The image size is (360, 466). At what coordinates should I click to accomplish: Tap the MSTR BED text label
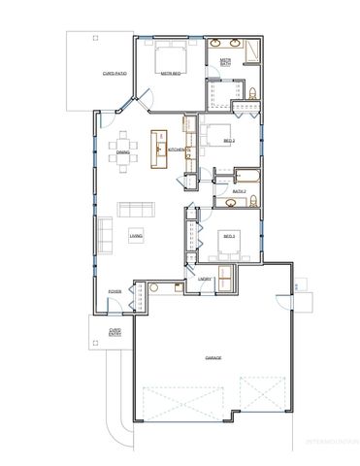tap(172, 73)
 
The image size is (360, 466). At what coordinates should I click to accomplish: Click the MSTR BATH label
tap(225, 61)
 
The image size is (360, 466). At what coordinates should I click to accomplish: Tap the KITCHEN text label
tap(177, 150)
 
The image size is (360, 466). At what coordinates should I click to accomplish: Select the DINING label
tap(123, 152)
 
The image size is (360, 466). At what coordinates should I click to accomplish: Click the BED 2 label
tap(229, 142)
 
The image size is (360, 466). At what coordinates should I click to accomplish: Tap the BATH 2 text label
tap(238, 191)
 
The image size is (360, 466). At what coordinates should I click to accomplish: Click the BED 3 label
tap(230, 235)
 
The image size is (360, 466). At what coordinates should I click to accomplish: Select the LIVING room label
tap(137, 235)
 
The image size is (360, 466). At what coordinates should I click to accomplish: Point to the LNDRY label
tap(204, 280)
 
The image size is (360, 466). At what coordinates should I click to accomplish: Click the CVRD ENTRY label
tap(114, 332)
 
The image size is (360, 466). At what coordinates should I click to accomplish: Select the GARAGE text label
tap(213, 358)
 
